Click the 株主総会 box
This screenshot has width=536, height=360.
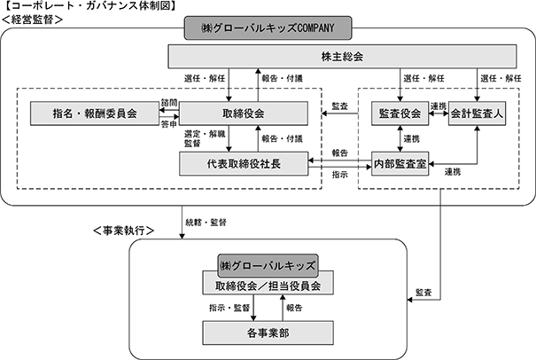coord(342,56)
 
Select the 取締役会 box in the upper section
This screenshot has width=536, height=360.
coord(244,113)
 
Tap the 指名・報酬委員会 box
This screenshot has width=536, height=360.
coord(95,113)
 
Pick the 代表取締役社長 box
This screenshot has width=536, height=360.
coord(244,164)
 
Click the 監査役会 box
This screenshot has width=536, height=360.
coord(400,113)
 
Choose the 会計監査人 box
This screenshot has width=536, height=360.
coord(477,113)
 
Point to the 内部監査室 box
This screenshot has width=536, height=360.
coord(400,164)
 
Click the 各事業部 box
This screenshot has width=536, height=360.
coord(268,333)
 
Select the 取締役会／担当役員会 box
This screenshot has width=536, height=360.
coord(268,286)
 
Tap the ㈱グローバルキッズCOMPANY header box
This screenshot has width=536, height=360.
coord(268,27)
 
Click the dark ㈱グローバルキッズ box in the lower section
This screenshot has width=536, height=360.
coord(268,265)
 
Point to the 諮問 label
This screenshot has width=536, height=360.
coord(169,102)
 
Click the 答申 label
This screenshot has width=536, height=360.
coord(169,124)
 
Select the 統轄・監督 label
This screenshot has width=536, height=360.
coord(206,223)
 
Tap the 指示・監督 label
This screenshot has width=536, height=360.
coord(229,308)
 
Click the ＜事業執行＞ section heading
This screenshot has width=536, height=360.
coord(123,231)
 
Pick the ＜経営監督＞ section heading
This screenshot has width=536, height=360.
coord(33,20)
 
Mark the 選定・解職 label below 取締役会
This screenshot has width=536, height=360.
coord(205,134)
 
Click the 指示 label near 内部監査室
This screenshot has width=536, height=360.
coord(340,175)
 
